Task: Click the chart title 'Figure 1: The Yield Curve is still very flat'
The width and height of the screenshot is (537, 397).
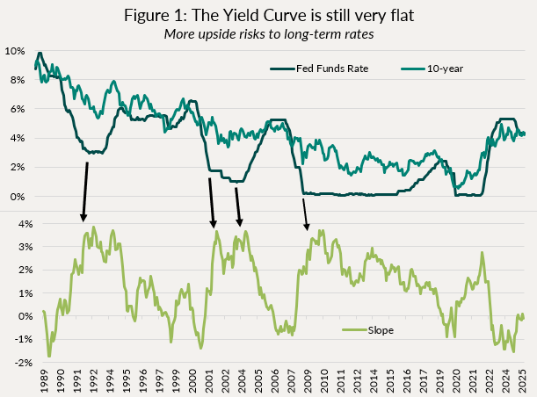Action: click(268, 15)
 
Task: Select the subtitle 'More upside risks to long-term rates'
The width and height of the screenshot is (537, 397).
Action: click(268, 34)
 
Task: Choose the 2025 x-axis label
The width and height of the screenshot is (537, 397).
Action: click(521, 382)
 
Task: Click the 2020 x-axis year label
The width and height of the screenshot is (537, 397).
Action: click(455, 382)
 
